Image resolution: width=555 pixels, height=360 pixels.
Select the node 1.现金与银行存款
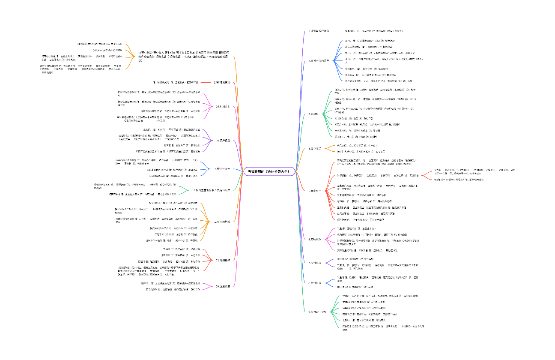point(319,31)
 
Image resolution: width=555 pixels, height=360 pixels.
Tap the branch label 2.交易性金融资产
point(319,61)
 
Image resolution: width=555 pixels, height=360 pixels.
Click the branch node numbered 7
point(315,262)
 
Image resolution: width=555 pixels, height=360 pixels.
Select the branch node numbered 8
point(315,283)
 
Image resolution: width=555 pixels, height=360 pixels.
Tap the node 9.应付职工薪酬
point(317,312)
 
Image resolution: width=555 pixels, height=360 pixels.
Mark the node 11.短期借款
point(223,260)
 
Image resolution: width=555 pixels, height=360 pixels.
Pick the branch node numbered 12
point(222,222)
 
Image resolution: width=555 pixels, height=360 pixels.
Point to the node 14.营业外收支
point(222,169)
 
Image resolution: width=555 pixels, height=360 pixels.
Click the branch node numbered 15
point(223,141)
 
